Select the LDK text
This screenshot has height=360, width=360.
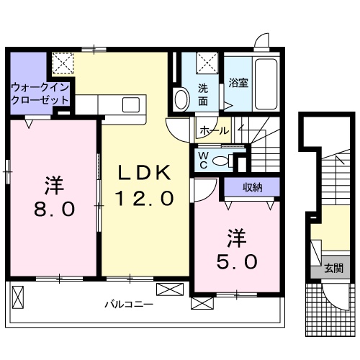tap(144, 172)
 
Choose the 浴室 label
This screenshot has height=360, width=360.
tap(238, 83)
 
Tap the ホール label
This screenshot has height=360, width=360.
tap(214, 131)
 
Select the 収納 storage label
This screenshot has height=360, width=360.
tap(251, 188)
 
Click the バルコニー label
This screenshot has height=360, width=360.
tap(130, 305)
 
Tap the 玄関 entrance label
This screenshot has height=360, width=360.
tap(333, 269)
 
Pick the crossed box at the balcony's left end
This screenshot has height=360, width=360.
tap(19, 295)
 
